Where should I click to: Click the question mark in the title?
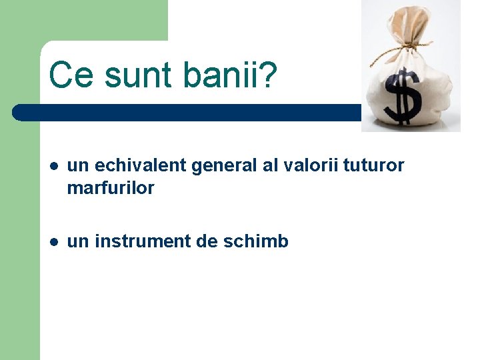pos(267,75)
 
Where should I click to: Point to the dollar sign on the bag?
pos(403,97)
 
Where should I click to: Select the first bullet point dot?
pos(53,166)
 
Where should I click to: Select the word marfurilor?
pos(111,188)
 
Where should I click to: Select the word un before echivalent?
pos(77,166)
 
